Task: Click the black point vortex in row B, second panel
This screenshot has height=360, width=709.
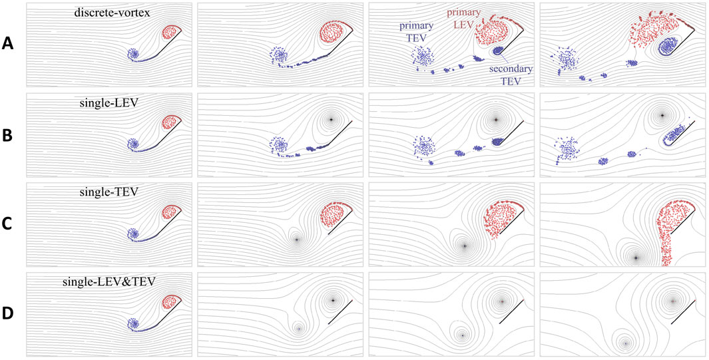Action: coord(331,119)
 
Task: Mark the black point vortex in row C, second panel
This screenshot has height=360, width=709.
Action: coord(296,240)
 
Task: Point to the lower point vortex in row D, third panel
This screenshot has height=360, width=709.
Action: coord(462,335)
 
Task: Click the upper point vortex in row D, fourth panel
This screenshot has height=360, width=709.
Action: coord(673,301)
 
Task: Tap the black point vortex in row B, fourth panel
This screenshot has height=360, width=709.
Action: coord(662,115)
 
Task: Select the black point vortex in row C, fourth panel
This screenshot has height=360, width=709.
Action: coord(636,258)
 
